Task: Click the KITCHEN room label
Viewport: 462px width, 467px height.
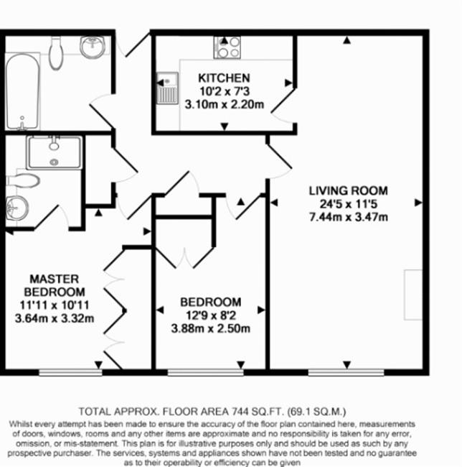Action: pos(224,78)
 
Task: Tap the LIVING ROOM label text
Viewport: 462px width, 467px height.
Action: pos(348,190)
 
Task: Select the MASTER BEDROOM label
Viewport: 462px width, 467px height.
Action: pos(55,285)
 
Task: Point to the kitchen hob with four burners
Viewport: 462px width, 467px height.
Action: pos(227,47)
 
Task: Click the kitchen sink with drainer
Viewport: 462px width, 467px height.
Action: pos(167,88)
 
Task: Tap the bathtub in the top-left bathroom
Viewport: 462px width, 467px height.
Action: pos(22,91)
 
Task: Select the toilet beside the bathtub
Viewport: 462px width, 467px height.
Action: pos(56,52)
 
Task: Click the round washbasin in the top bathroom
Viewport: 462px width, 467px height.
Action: pos(93,47)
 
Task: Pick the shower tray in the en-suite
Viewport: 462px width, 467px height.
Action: pos(54,152)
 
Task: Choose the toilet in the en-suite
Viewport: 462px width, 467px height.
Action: pos(23,180)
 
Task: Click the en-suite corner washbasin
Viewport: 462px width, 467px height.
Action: pos(17,208)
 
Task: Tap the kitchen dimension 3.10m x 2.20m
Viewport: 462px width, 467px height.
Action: pos(224,105)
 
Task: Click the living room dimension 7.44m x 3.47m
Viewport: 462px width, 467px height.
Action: pos(349,217)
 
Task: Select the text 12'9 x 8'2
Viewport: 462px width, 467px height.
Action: pos(210,315)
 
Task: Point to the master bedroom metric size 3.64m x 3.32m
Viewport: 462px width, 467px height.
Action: pos(55,318)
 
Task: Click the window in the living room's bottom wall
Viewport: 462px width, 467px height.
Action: pos(346,372)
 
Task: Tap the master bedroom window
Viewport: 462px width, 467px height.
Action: pos(70,372)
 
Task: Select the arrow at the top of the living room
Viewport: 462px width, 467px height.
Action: pos(346,40)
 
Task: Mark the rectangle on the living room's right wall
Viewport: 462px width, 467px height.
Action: pos(413,295)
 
